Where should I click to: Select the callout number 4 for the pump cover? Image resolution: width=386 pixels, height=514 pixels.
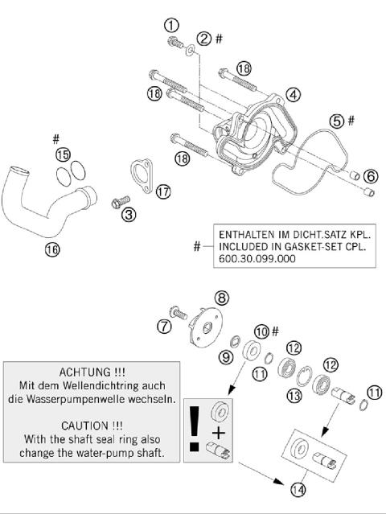tap(294, 94)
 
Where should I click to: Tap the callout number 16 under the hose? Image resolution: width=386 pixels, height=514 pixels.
tap(51, 249)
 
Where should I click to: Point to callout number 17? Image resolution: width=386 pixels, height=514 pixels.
tap(163, 191)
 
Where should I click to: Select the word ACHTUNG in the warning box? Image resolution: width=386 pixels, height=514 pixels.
tap(90, 373)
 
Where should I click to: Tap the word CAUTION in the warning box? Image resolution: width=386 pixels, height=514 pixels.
tap(90, 424)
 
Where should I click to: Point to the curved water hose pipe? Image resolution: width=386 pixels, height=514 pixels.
tap(48, 201)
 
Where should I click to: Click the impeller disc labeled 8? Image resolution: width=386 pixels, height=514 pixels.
tap(207, 326)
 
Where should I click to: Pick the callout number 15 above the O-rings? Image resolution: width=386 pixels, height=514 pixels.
tap(63, 153)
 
